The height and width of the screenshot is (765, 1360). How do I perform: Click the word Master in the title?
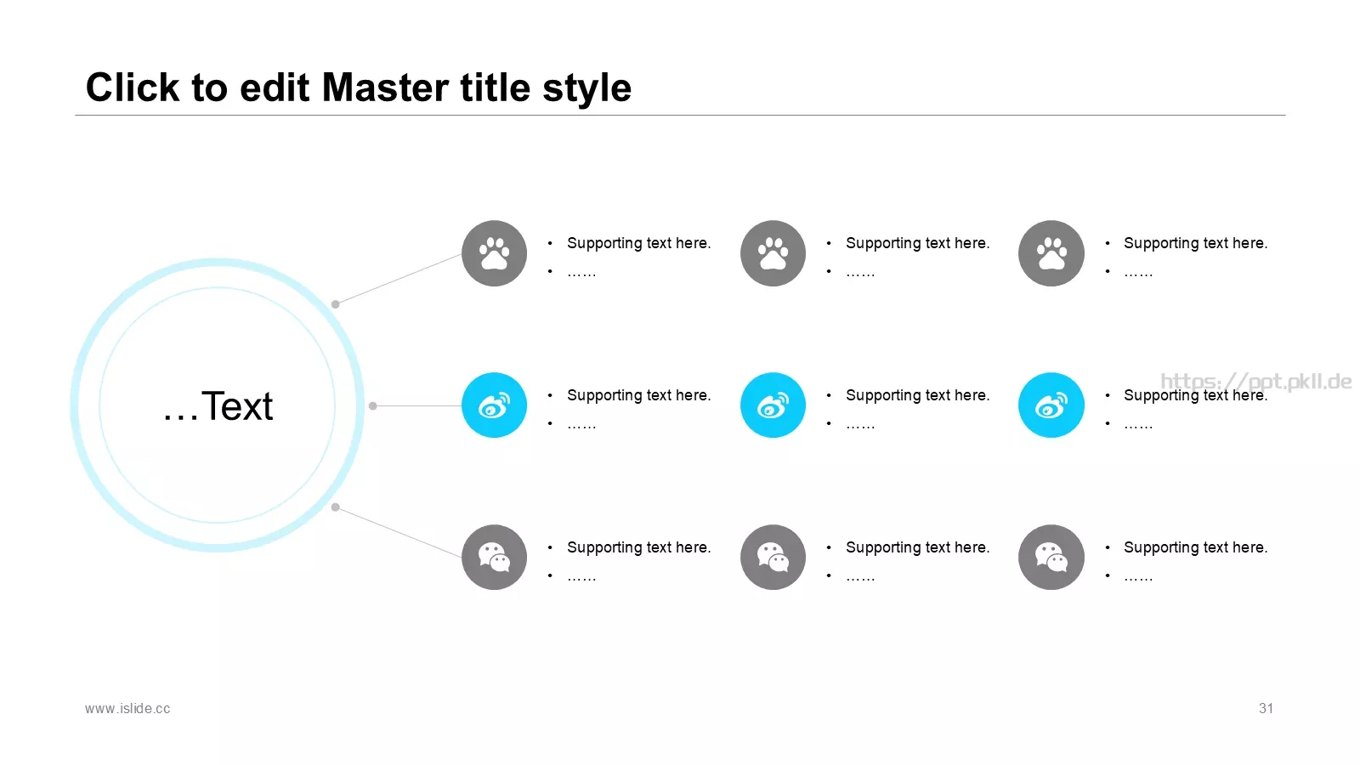[x=386, y=88]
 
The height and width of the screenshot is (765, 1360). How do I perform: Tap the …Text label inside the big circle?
[x=218, y=405]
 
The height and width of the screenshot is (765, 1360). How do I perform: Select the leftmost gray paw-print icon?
[x=494, y=253]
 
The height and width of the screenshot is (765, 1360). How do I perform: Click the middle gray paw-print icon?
[x=773, y=253]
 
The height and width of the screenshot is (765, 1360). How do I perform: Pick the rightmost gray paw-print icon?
[x=1051, y=253]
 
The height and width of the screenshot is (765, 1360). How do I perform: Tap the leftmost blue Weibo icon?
[x=494, y=405]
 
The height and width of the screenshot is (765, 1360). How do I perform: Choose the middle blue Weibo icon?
[x=773, y=405]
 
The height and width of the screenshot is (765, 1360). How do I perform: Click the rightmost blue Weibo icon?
[x=1051, y=405]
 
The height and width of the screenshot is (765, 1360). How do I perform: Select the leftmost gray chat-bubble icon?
[x=494, y=558]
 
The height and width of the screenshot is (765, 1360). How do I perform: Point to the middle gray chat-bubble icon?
[x=773, y=558]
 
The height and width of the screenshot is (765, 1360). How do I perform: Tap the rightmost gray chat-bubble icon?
[x=1051, y=558]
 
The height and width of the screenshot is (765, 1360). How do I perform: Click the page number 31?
[x=1266, y=709]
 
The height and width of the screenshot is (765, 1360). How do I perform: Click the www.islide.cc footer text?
[x=127, y=709]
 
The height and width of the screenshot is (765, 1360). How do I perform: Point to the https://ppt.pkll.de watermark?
[x=1256, y=382]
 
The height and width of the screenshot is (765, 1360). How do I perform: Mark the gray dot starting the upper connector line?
[x=335, y=304]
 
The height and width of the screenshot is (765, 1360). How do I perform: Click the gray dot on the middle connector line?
[x=373, y=405]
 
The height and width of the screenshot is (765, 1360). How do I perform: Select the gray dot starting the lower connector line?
[x=335, y=507]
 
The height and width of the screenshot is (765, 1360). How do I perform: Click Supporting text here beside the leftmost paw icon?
[x=638, y=243]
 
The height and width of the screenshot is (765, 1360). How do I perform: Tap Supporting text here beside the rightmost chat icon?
[x=1195, y=547]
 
